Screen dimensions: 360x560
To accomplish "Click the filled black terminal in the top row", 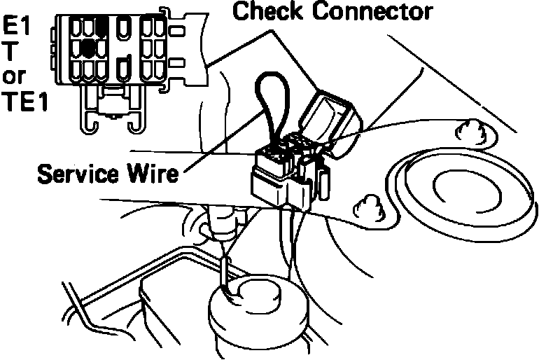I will pos(102,27).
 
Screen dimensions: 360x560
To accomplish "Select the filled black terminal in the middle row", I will pos(88,48).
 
